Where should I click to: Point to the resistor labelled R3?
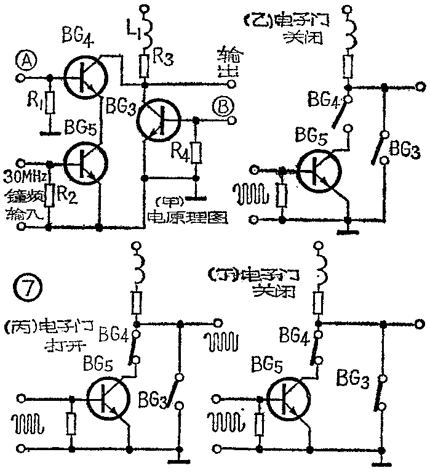pyautogui.click(x=145, y=64)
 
